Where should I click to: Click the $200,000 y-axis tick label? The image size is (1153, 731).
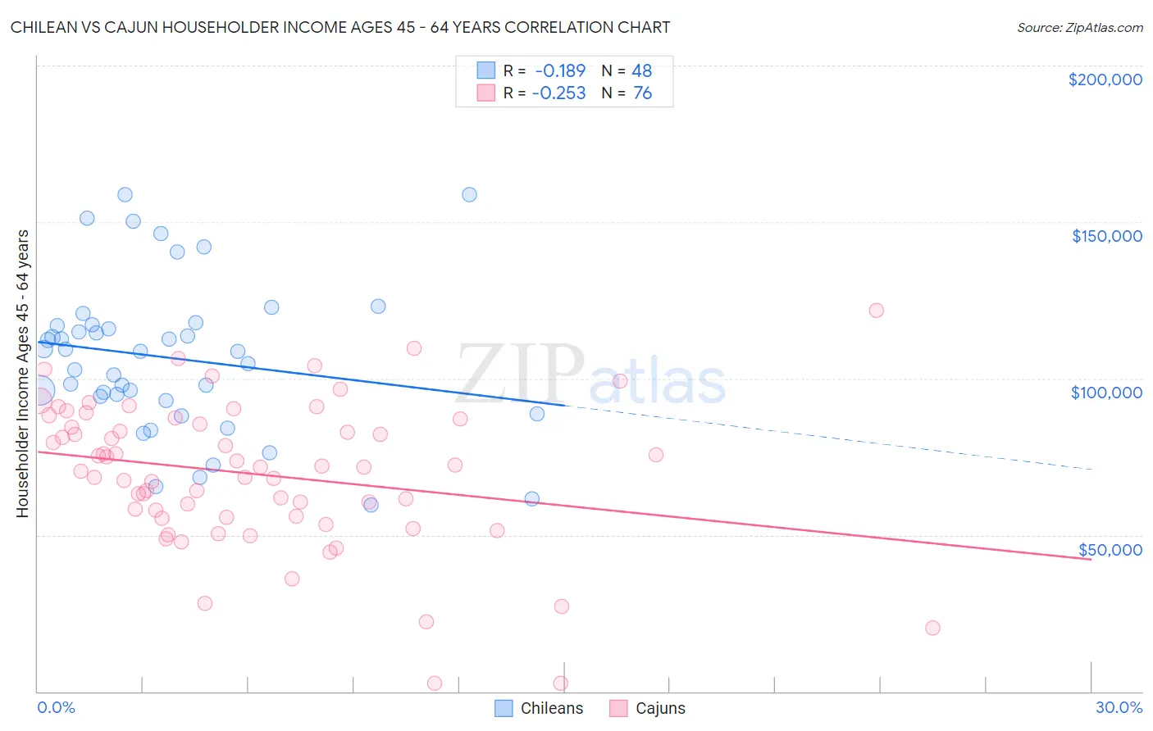coord(1105,79)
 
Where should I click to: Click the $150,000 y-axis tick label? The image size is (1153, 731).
coord(1106,236)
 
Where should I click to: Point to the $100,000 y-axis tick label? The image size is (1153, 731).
coord(1106,393)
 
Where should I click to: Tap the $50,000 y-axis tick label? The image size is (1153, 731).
coord(1110,550)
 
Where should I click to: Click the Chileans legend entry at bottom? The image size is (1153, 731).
coord(540,708)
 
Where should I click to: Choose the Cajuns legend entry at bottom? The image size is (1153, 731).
coord(648,708)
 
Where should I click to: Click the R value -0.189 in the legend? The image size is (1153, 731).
coord(560,70)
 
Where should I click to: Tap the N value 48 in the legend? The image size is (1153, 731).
coord(641,70)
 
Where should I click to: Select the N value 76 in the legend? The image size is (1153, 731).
coord(642,93)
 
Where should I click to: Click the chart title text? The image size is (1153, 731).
coord(340,28)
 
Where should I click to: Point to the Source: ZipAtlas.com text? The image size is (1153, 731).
coord(1079,28)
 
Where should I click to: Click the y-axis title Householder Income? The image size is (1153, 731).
coord(22,373)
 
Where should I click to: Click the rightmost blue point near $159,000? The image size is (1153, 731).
coord(469,195)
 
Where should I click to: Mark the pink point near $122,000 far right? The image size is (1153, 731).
coord(876,311)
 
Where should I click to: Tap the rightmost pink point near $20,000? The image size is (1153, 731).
coord(932,628)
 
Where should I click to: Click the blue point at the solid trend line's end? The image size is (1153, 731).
coord(537,414)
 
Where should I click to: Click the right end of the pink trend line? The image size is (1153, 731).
coord(1091,559)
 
